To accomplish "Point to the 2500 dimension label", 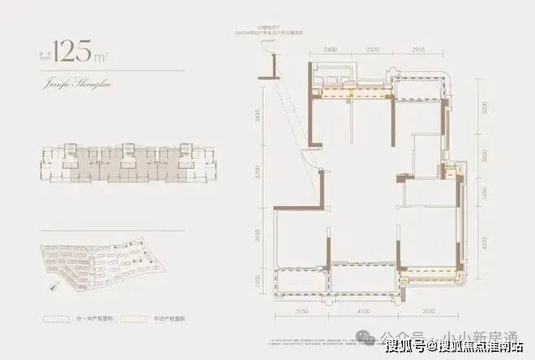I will click(x=372, y=50).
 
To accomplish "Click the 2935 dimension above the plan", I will click(x=418, y=50).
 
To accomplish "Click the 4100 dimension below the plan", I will click(x=362, y=310).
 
